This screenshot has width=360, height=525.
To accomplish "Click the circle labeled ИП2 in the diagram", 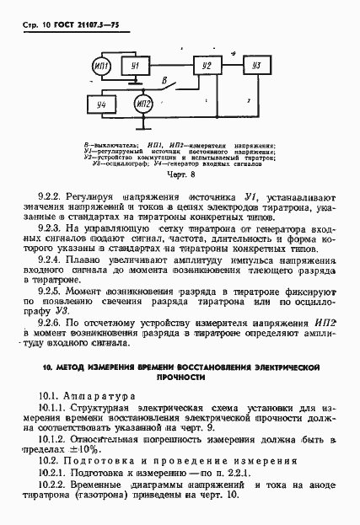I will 142,104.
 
